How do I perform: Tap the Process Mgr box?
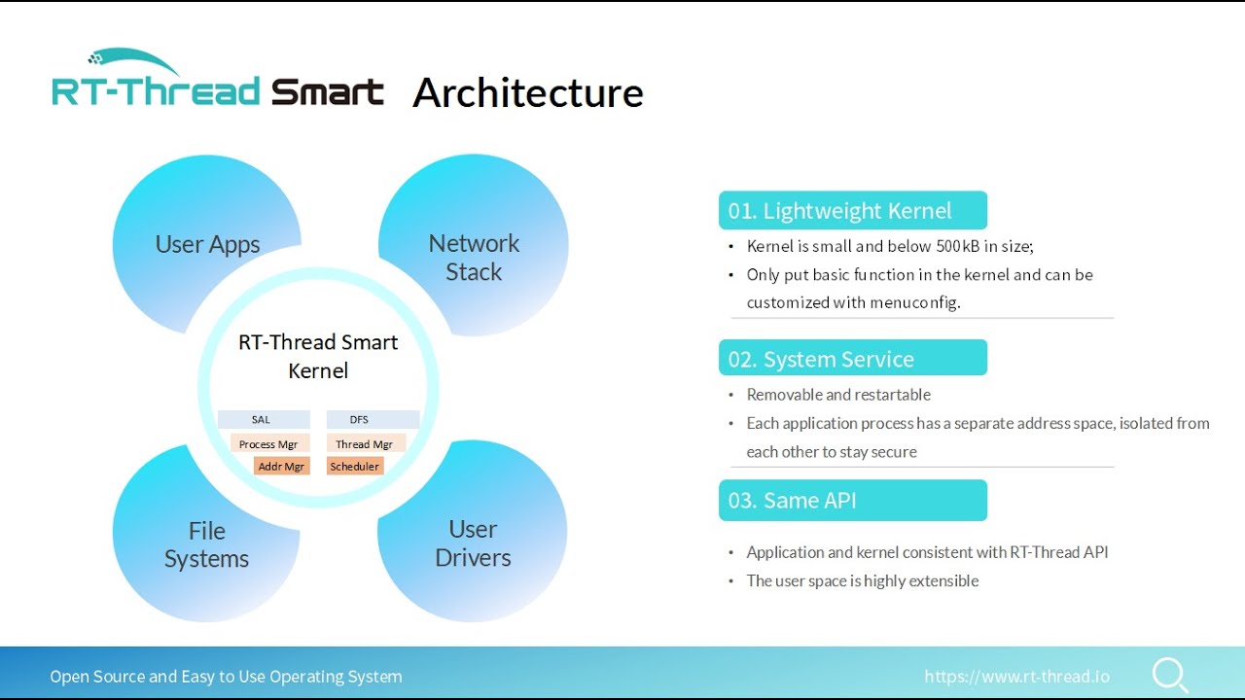pos(269,444)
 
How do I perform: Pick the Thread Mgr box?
pos(365,444)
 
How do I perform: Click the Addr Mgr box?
pos(281,467)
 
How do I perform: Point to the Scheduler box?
pos(355,467)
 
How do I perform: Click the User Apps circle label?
pos(207,244)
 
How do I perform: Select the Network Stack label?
pos(474,258)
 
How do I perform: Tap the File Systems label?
pos(206,544)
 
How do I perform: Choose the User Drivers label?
pos(473,543)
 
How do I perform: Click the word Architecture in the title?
pos(528,93)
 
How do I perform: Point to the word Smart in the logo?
pos(327,93)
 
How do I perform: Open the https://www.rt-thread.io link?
pos(1016,677)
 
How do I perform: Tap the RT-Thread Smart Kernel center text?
pos(318,356)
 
